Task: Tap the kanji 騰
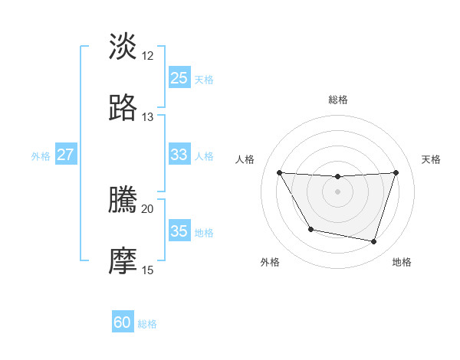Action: [123, 200]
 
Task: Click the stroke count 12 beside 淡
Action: [148, 56]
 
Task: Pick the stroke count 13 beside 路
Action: [148, 117]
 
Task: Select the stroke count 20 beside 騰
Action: [148, 209]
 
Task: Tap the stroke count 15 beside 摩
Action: [148, 270]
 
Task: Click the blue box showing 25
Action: [179, 78]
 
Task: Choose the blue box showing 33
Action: [179, 155]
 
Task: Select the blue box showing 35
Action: [179, 231]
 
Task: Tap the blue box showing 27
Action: [66, 155]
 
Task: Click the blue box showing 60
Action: [123, 322]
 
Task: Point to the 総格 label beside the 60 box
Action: [148, 324]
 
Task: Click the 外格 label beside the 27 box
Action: [41, 156]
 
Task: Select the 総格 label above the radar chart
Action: [337, 100]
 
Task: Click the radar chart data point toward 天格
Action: [396, 172]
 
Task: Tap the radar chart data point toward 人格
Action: [279, 172]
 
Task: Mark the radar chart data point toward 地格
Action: [373, 242]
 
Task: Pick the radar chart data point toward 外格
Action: [310, 229]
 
